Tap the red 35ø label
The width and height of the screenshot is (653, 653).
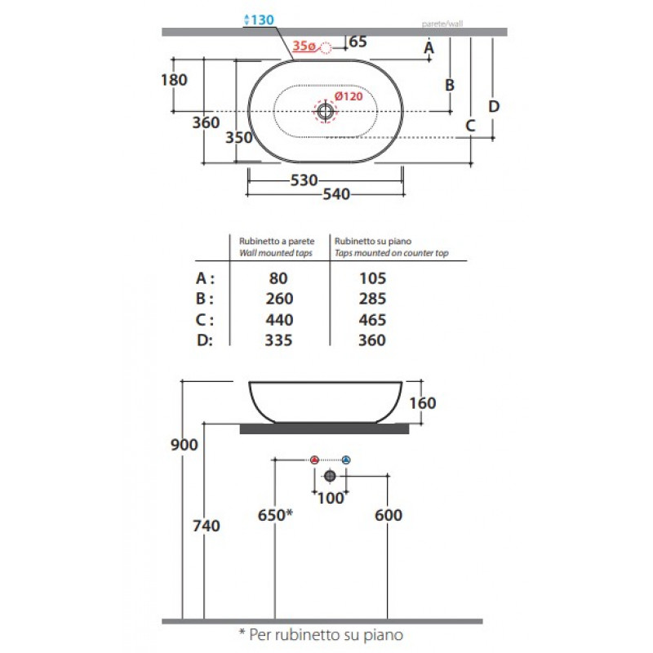[304, 46]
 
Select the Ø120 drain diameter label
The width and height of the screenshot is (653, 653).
[349, 96]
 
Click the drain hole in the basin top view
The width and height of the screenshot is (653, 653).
[325, 111]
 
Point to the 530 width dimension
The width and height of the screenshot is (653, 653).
[304, 180]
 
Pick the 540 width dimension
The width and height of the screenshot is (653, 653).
[336, 194]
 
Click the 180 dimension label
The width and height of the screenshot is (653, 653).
[174, 79]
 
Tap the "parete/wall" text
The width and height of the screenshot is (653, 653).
[442, 24]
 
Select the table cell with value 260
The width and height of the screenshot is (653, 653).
[279, 299]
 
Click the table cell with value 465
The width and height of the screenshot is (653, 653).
[372, 320]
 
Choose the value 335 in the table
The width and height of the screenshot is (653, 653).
[278, 340]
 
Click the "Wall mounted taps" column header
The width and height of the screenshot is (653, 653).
[276, 253]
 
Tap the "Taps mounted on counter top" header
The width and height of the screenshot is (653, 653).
[392, 253]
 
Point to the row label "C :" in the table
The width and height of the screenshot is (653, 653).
[205, 320]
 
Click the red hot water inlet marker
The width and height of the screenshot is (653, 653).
[314, 460]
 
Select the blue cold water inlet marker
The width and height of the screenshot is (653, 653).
[346, 460]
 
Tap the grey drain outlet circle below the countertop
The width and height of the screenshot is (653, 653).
[330, 476]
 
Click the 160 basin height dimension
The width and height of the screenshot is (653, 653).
[423, 403]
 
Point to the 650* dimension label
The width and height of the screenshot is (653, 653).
[275, 515]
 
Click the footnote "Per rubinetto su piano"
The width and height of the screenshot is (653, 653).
[326, 635]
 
